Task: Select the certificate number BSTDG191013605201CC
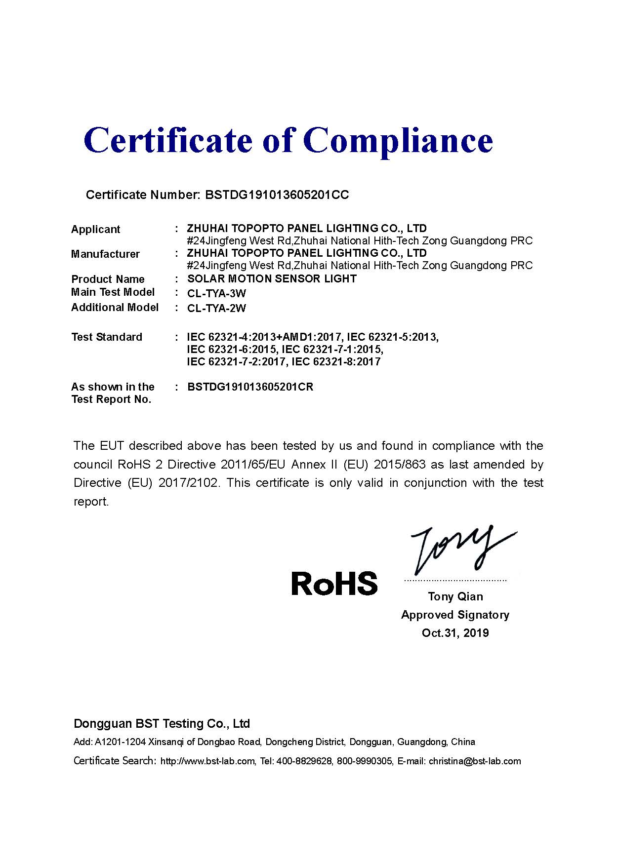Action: click(277, 195)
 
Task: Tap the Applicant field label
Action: click(95, 230)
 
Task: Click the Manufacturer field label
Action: click(105, 254)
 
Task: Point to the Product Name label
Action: click(108, 279)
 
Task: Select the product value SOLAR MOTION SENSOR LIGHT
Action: click(272, 279)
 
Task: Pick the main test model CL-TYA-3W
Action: click(216, 294)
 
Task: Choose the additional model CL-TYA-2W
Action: click(216, 309)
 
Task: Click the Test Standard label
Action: click(106, 337)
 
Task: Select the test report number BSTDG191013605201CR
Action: click(250, 387)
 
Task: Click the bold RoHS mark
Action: click(334, 583)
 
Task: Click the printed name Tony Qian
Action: click(455, 597)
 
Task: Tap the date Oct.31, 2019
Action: click(455, 633)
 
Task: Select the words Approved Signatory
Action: click(455, 615)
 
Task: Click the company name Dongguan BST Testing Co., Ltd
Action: click(162, 724)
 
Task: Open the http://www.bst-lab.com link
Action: click(207, 761)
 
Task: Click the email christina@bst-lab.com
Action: click(475, 761)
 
